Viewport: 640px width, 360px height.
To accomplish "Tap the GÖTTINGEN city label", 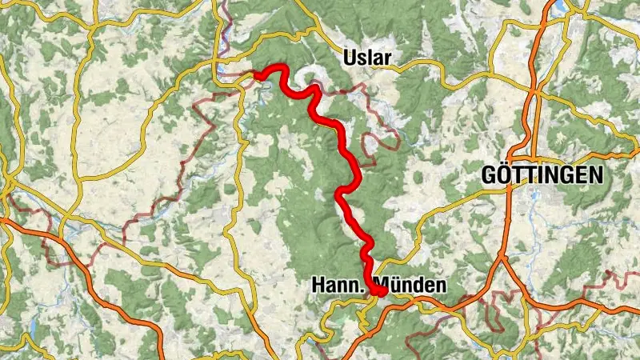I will [542, 176].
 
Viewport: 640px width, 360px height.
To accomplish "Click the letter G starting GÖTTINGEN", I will [489, 176].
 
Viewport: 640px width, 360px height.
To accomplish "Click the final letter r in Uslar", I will [390, 58].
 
